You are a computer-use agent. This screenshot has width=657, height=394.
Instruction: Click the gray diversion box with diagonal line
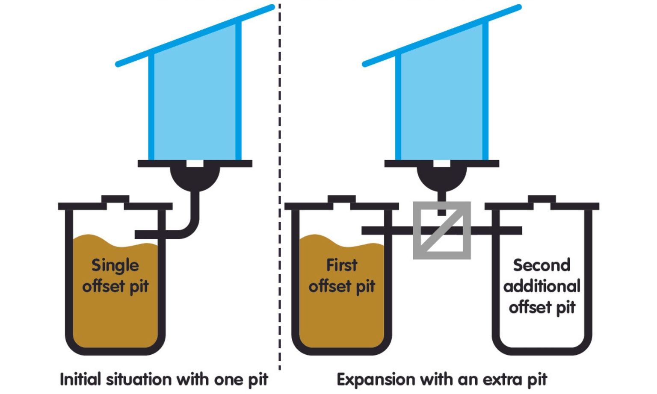441,230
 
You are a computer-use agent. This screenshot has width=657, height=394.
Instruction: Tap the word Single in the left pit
115,265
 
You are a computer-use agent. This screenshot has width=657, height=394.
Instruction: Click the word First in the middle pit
341,265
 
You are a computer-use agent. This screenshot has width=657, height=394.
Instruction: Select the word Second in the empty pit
542,265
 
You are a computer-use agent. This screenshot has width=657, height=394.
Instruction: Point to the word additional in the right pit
542,286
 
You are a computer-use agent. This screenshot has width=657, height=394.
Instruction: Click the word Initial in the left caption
80,379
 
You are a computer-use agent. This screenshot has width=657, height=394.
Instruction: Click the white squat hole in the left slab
195,164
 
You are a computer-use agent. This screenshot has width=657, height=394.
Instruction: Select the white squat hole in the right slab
442,164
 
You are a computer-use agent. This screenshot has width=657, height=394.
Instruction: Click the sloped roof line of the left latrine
195,36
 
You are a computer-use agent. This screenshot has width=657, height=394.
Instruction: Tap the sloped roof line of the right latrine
442,36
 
